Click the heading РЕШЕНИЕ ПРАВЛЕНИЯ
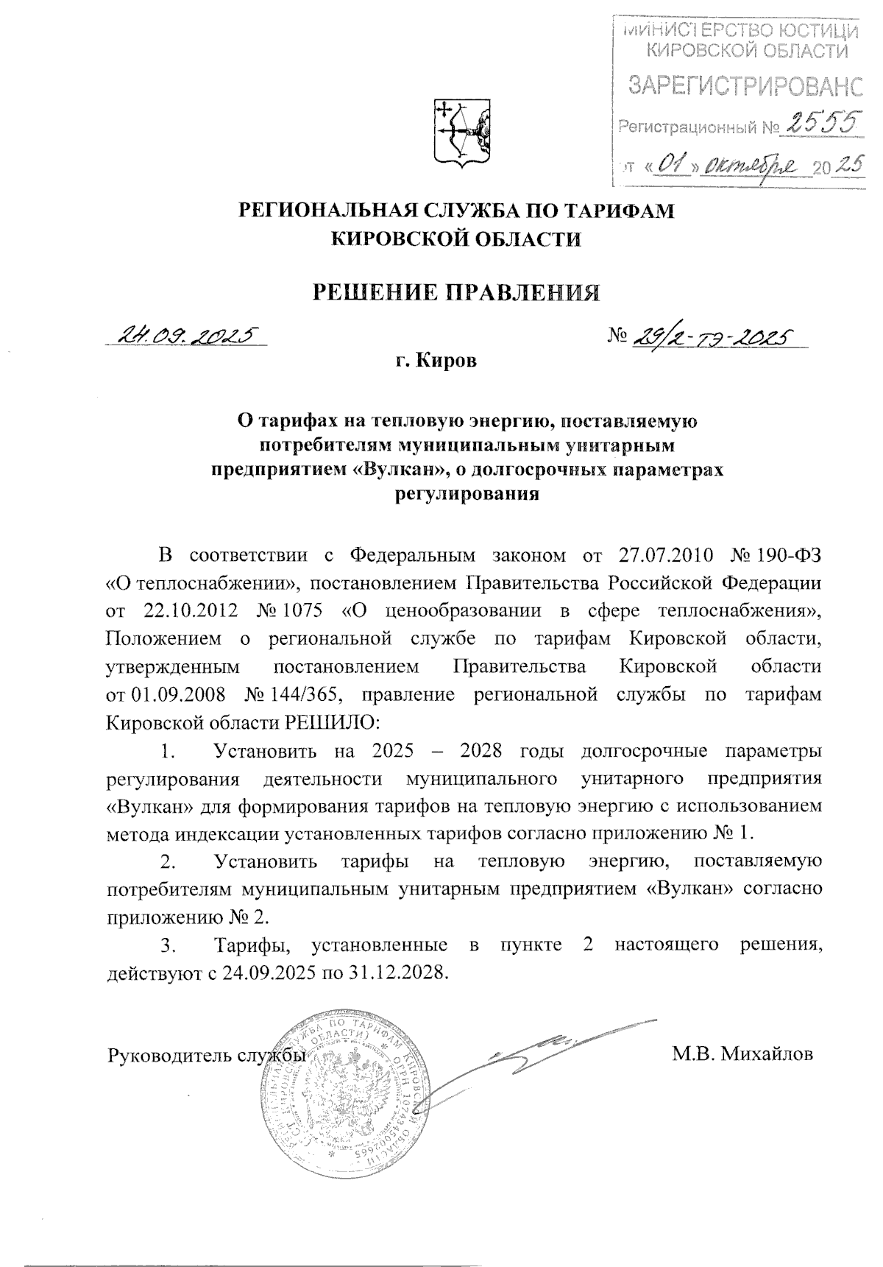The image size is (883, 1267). coord(457,292)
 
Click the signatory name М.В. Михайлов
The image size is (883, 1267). coord(742,1054)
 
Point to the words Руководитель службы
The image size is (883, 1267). coord(207,1054)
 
